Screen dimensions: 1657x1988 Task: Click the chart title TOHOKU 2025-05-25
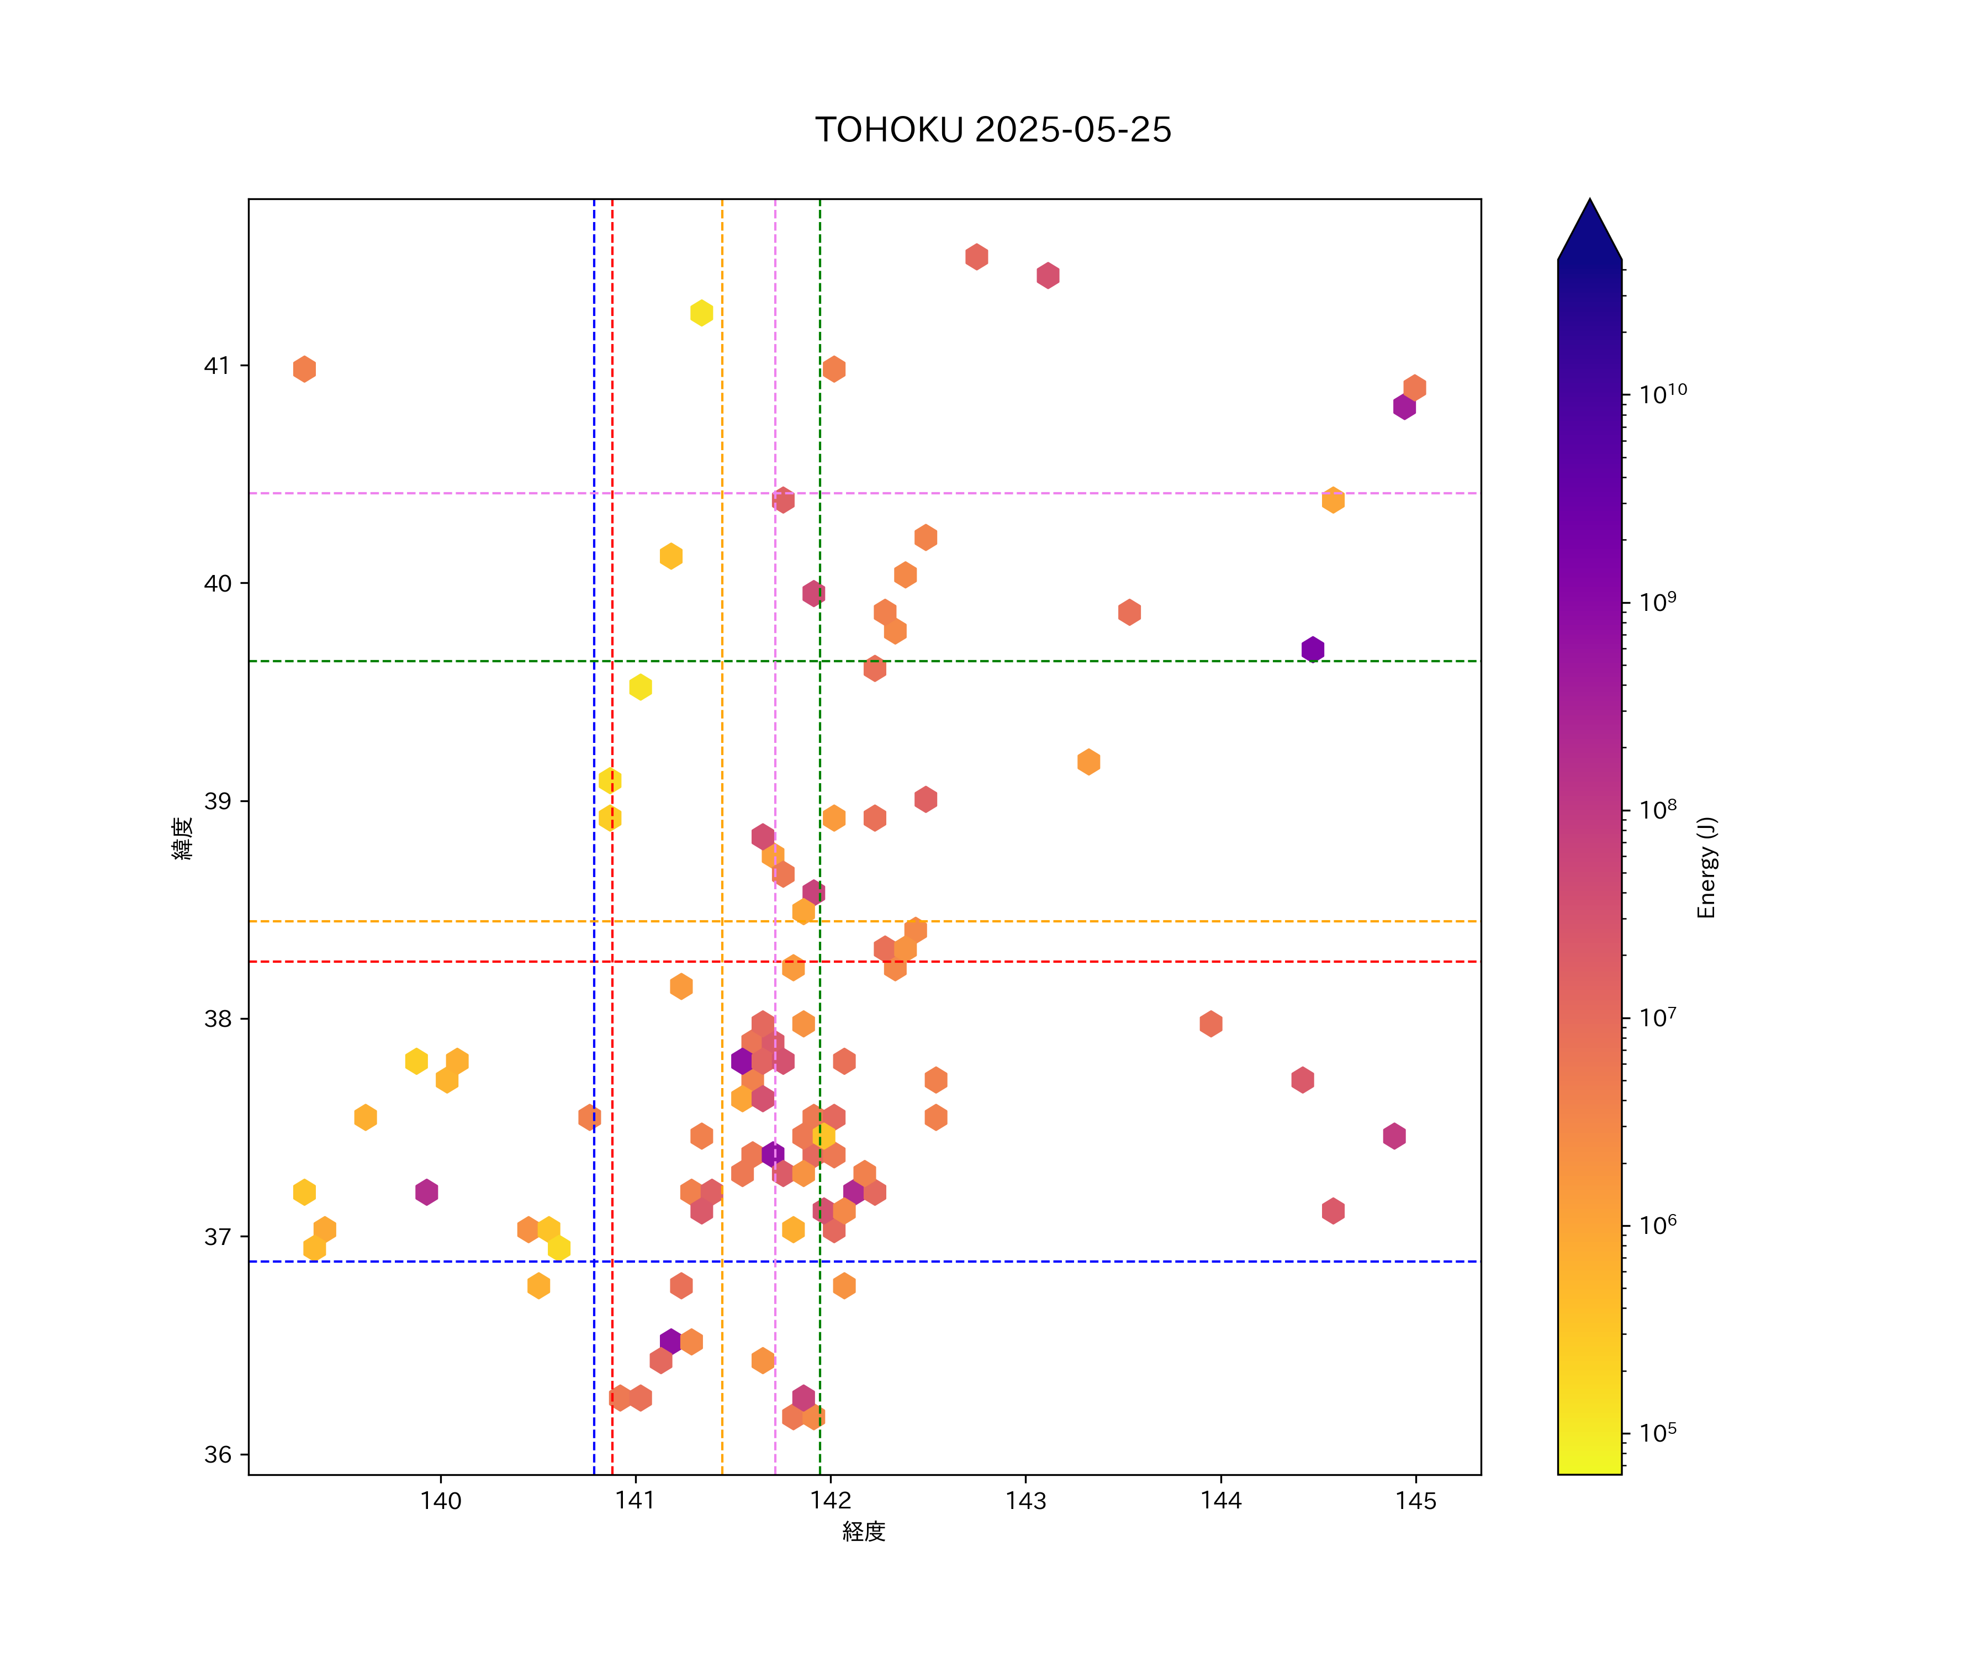click(993, 130)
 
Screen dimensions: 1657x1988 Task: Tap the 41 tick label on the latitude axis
click(218, 366)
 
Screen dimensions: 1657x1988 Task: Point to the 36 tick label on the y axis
click(218, 1454)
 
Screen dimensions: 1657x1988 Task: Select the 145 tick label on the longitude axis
click(1415, 1501)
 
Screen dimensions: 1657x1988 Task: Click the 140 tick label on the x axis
click(440, 1501)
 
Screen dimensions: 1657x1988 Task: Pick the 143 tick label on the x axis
click(1025, 1501)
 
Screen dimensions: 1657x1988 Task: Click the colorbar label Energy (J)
click(1706, 867)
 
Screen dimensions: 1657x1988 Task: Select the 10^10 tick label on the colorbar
click(1662, 393)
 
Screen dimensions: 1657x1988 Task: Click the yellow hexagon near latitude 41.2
click(701, 313)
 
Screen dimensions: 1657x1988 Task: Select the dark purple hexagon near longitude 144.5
click(1312, 650)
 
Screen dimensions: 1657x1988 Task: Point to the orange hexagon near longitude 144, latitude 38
click(1211, 1023)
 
